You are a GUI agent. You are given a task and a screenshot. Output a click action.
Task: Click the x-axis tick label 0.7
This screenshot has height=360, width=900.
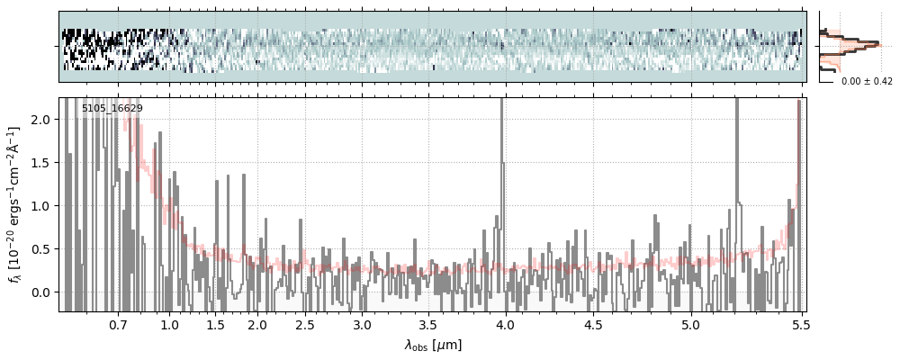click(x=118, y=324)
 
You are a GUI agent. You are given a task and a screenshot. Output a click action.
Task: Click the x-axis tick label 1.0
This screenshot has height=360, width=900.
click(x=169, y=324)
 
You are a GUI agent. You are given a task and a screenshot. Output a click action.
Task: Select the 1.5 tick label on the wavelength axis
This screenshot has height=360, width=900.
click(x=216, y=324)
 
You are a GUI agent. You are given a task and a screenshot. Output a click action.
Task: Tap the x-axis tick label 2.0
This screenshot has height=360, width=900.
click(x=257, y=324)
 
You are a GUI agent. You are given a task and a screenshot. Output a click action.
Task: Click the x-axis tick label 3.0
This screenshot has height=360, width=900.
click(x=362, y=324)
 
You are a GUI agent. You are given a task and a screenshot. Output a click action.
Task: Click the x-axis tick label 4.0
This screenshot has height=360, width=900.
click(x=506, y=324)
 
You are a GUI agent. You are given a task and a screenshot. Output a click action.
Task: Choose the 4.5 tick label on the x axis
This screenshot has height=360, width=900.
click(x=593, y=324)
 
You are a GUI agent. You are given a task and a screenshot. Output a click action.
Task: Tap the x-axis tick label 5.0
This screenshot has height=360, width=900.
click(x=690, y=324)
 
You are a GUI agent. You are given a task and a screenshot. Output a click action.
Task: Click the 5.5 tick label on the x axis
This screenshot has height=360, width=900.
click(x=796, y=324)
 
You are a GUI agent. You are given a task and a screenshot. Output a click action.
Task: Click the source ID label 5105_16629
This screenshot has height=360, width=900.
click(x=112, y=109)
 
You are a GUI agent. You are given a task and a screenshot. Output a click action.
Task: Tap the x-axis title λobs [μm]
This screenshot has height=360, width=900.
click(x=433, y=345)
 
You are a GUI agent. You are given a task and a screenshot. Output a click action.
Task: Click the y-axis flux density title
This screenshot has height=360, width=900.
click(x=15, y=205)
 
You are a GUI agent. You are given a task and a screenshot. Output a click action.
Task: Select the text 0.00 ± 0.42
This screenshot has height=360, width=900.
click(x=867, y=81)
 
